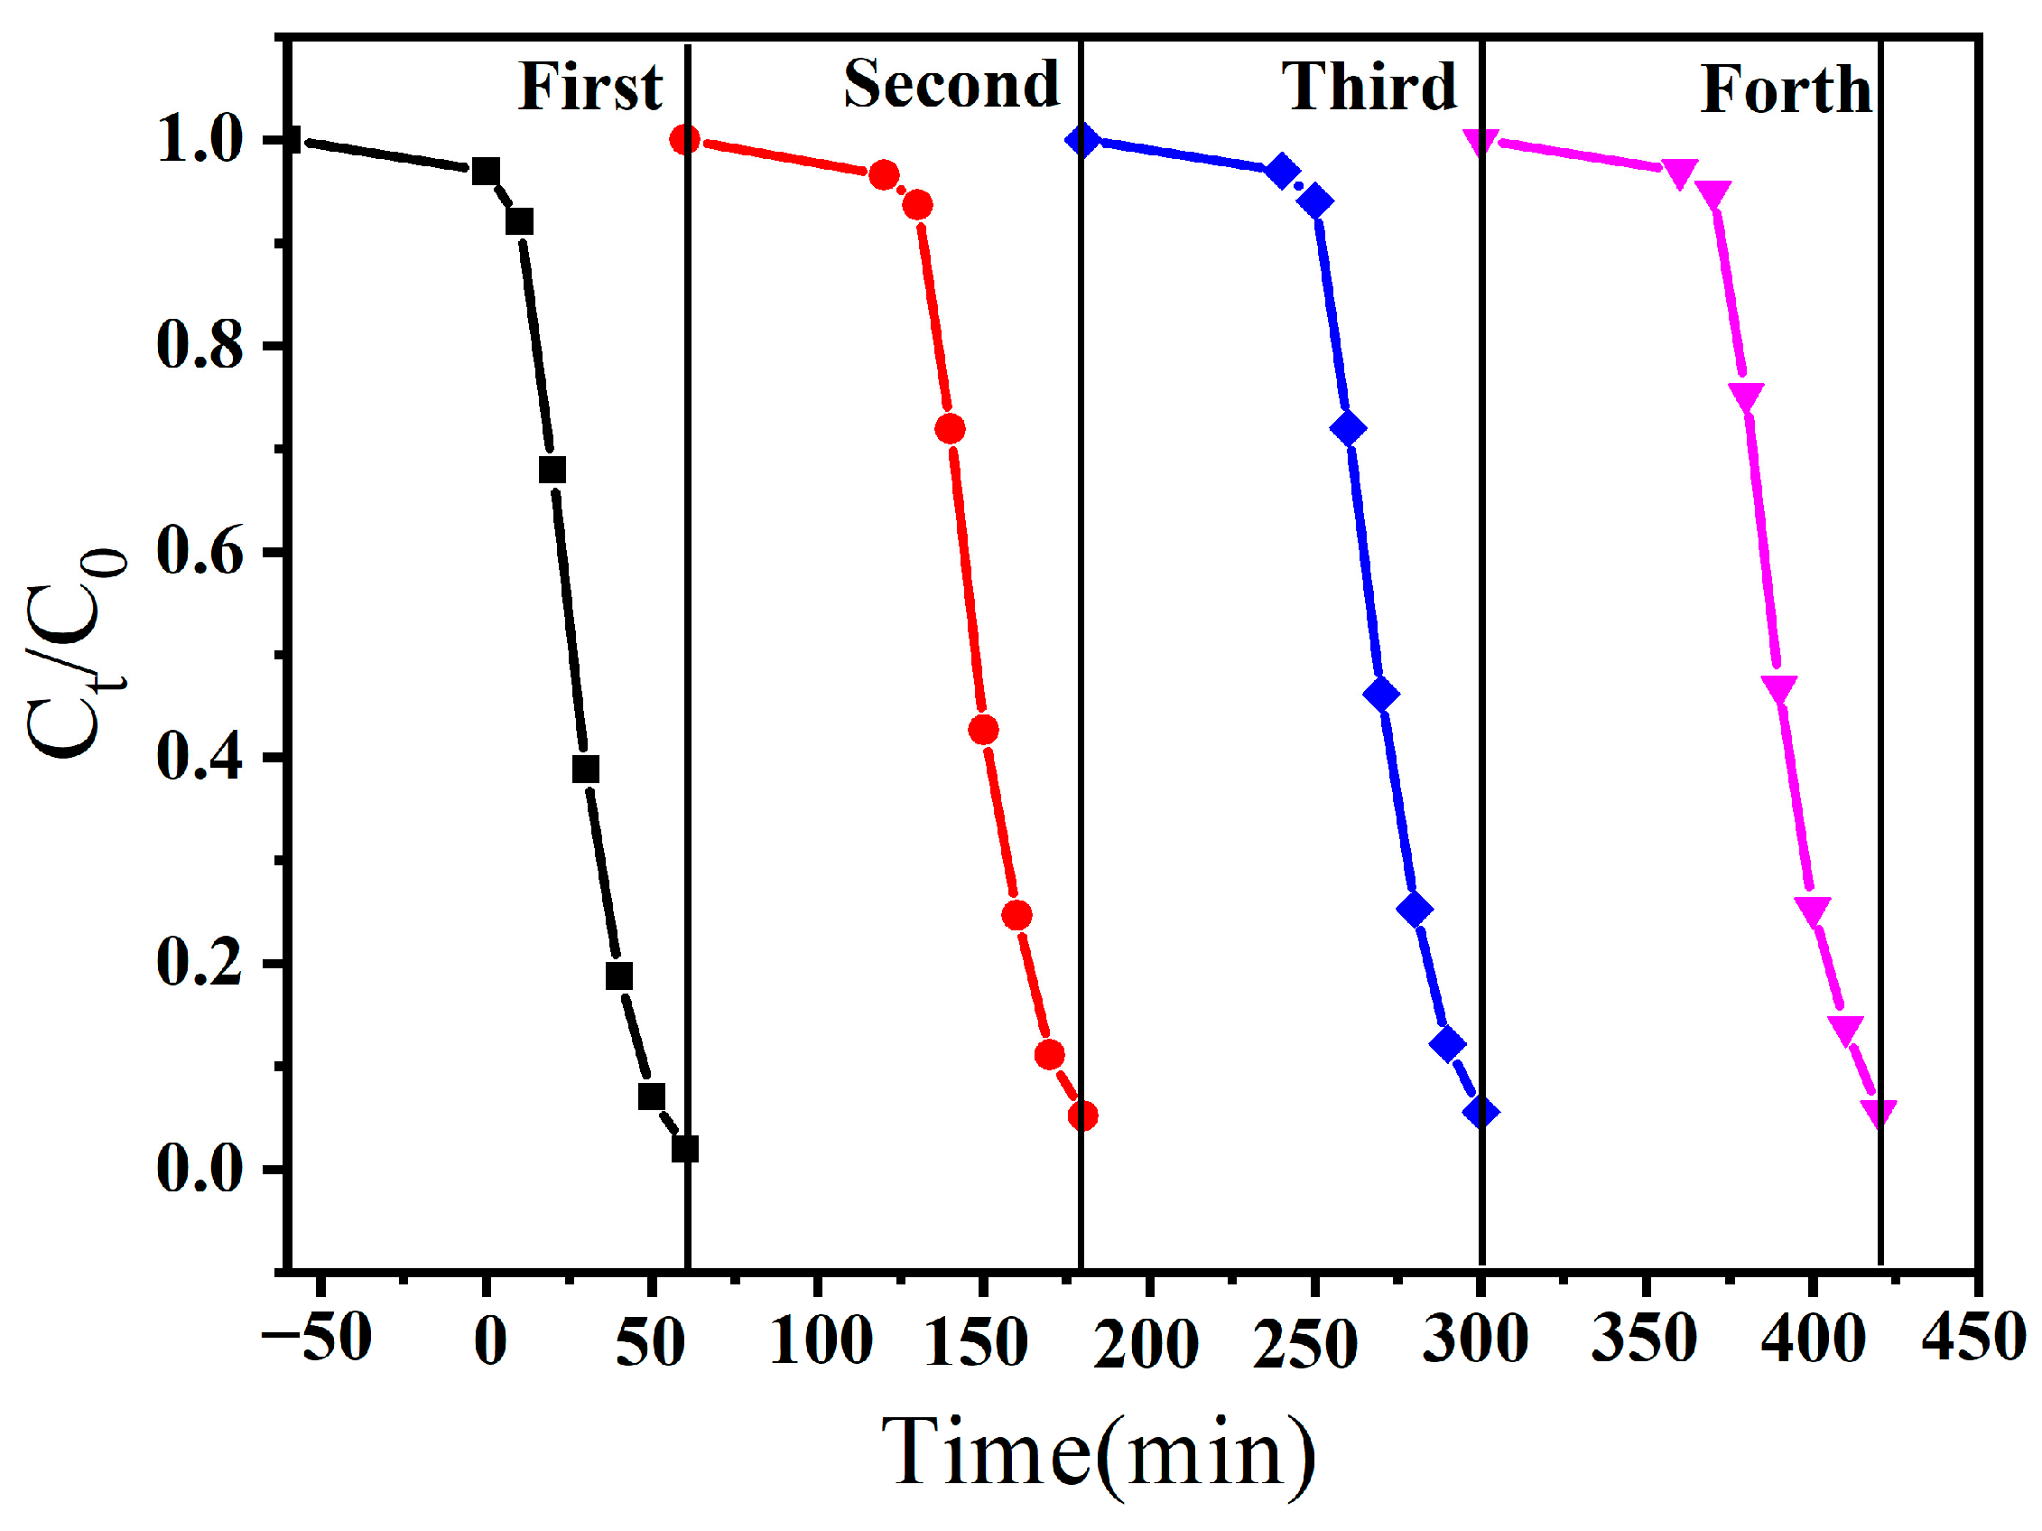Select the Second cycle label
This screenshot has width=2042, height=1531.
click(x=951, y=84)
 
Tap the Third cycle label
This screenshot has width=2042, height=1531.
click(x=1370, y=87)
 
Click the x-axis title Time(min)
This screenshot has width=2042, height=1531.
click(x=1099, y=1452)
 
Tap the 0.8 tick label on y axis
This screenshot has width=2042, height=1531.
click(x=200, y=345)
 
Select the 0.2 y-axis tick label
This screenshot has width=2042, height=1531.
click(x=200, y=963)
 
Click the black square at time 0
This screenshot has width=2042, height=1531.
click(x=486, y=172)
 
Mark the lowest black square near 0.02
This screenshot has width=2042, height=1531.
click(x=685, y=1150)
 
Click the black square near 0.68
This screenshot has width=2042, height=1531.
click(x=552, y=470)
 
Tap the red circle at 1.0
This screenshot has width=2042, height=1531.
click(x=685, y=140)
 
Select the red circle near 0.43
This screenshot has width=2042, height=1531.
click(x=983, y=731)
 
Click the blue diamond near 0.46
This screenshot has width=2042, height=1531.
click(x=1381, y=695)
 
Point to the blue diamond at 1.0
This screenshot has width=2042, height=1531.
click(x=1083, y=140)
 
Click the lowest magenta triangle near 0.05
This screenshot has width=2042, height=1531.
click(x=1879, y=1113)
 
